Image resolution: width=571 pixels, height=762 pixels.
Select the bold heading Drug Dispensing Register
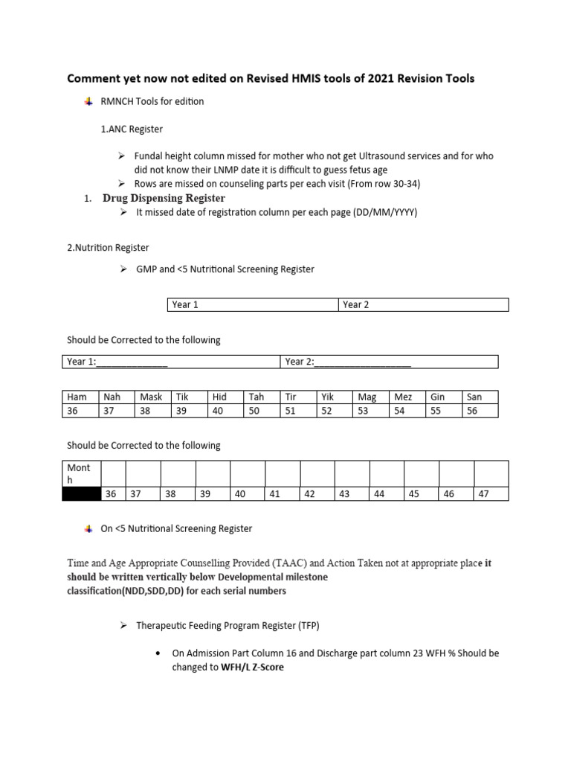164,198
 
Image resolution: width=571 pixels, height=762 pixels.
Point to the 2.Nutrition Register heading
108,247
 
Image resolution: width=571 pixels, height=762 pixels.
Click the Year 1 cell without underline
252,304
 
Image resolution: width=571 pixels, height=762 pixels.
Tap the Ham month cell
80,397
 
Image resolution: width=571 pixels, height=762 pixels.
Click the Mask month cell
152,397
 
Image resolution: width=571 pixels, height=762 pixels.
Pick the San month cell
480,397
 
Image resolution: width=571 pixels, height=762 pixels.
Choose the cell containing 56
480,411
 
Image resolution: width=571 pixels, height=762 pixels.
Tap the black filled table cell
81,493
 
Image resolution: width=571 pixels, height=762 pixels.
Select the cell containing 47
491,493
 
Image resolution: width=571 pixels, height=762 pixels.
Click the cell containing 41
282,493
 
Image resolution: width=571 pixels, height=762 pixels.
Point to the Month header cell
81,473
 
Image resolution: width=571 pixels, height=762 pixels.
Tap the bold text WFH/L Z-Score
252,667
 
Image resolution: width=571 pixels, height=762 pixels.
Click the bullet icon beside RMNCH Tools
89,101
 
